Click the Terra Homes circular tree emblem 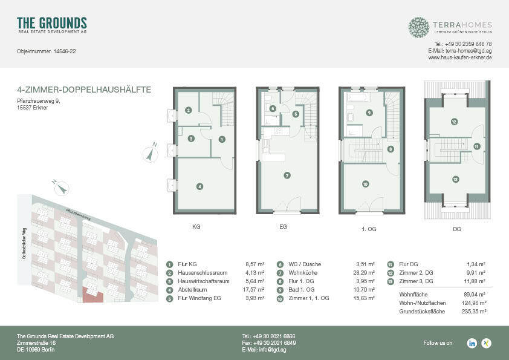click(x=418, y=27)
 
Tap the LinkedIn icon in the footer click(x=472, y=343)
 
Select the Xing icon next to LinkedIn click(x=486, y=343)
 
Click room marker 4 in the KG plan click(x=199, y=186)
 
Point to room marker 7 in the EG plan click(x=287, y=175)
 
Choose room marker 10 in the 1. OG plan click(x=365, y=184)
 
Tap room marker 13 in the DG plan click(x=455, y=179)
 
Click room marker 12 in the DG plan click(x=453, y=122)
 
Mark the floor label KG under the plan click(x=196, y=227)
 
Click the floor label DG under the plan click(x=456, y=230)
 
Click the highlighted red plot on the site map click(x=92, y=295)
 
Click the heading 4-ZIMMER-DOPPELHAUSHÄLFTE click(x=84, y=90)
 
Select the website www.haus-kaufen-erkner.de click(x=459, y=57)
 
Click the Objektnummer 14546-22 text click(x=46, y=51)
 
